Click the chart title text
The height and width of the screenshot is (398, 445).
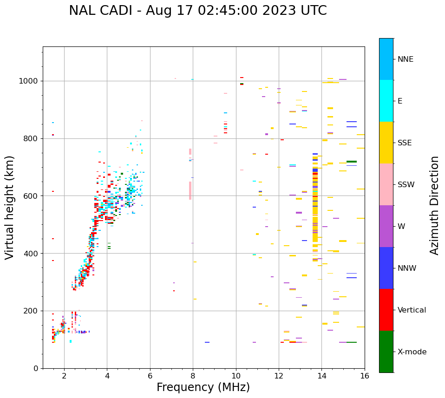[197, 11]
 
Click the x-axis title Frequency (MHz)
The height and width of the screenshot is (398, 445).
[203, 387]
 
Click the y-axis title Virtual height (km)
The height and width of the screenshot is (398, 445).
[10, 208]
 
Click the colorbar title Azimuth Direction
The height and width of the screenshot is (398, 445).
[434, 205]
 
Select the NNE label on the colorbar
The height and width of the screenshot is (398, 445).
[405, 59]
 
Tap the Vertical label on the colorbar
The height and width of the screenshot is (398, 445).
[412, 310]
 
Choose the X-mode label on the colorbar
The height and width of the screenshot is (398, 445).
[412, 352]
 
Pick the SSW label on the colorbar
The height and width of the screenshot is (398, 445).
[406, 185]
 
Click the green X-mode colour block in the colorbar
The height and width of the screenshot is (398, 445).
[386, 352]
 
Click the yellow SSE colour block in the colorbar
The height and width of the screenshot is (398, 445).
[386, 143]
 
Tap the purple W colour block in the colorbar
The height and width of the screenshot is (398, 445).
[386, 226]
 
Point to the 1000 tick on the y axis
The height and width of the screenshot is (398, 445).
[29, 81]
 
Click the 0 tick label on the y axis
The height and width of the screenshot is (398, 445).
[36, 368]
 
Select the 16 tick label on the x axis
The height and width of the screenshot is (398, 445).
[365, 376]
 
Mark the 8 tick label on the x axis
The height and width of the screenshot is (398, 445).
[193, 376]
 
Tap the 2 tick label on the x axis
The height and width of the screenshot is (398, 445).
[64, 376]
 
